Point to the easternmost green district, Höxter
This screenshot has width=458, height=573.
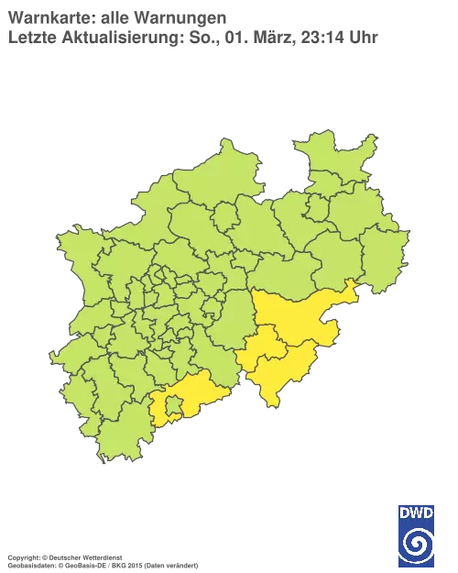tap(385, 257)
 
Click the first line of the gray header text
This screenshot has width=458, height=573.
tap(119, 17)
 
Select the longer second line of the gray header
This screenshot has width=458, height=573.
tap(192, 39)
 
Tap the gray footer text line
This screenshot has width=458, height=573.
tap(101, 557)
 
